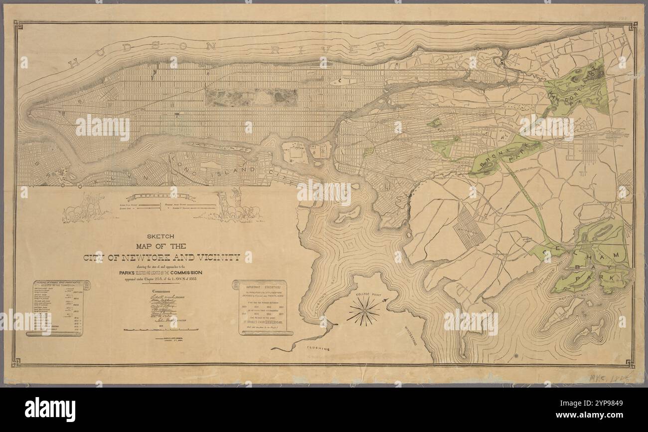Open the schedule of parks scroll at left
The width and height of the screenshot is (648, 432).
point(58,307)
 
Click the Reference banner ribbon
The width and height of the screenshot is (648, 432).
point(161,197)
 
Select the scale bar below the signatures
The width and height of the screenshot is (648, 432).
point(161,330)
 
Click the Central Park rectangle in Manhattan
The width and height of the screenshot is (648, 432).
point(252,98)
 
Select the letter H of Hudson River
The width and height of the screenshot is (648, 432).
point(73,63)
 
